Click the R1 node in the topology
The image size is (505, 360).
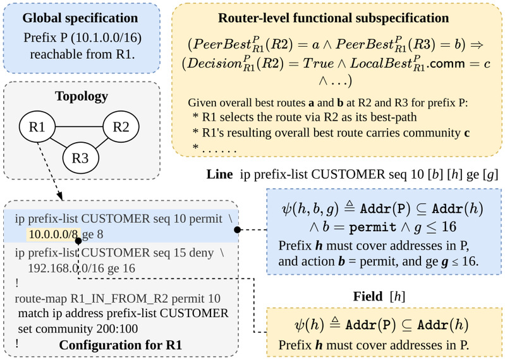pyautogui.click(x=37, y=127)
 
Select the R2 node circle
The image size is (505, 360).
pyautogui.click(x=121, y=127)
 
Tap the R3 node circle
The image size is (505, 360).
pyautogui.click(x=80, y=158)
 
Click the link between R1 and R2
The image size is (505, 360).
pyautogui.click(x=79, y=127)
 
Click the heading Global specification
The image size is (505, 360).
pyautogui.click(x=80, y=18)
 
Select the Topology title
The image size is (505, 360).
pyautogui.click(x=82, y=96)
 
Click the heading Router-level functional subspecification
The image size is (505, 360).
pyautogui.click(x=333, y=18)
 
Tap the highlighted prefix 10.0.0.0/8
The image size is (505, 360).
pyautogui.click(x=53, y=234)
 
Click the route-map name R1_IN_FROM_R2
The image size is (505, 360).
pyautogui.click(x=119, y=299)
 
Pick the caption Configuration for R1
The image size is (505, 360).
pyautogui.click(x=121, y=345)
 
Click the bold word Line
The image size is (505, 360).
pyautogui.click(x=220, y=174)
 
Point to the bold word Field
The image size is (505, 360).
pyautogui.click(x=368, y=296)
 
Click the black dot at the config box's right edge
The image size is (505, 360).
pyautogui.click(x=238, y=230)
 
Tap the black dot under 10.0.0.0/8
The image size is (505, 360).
pyautogui.click(x=78, y=241)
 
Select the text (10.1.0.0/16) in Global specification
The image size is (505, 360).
pyautogui.click(x=106, y=38)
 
